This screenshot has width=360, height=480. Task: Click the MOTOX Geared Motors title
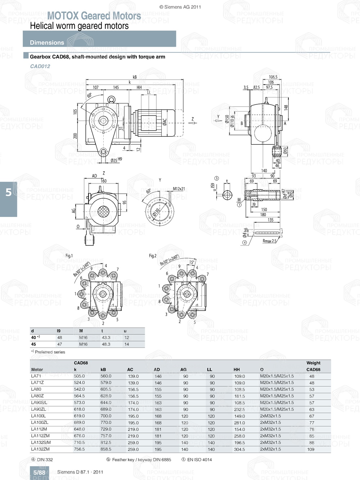tap(94, 16)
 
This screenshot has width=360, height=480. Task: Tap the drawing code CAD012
tap(40, 66)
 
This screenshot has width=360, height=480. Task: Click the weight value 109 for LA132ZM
tap(311, 449)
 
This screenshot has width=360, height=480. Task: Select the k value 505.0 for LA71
tap(79, 376)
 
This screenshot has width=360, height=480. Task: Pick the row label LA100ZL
tap(40, 422)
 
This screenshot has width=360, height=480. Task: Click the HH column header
tap(237, 370)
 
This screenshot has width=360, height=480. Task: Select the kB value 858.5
tap(106, 449)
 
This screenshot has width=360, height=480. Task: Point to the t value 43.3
tap(106, 338)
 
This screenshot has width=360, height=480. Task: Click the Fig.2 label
tap(153, 256)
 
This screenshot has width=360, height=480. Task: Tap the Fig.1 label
tap(69, 256)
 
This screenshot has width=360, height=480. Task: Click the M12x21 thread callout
tap(179, 189)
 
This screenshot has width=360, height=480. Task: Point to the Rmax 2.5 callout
tap(270, 241)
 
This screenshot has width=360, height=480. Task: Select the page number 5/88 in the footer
tap(39, 472)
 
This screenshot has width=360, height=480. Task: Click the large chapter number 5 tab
tap(8, 193)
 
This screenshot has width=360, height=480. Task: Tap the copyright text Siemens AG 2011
tap(180, 7)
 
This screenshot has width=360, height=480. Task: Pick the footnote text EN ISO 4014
tap(199, 459)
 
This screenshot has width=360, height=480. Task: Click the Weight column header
tap(313, 363)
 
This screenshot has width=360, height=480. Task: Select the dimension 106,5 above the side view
tap(273, 77)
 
